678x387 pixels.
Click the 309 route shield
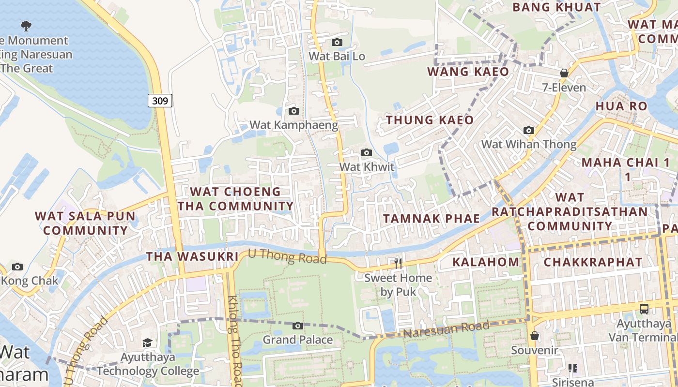point(160,101)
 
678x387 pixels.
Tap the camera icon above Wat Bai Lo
point(337,43)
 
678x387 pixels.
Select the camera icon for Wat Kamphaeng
point(293,111)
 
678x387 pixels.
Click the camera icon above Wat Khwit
point(367,153)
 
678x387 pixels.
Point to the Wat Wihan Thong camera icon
point(529,130)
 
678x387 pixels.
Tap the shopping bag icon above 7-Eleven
point(564,73)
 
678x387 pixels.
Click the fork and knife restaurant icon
point(398,263)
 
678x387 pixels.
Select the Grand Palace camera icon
point(298,326)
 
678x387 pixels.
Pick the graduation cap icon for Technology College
point(147,343)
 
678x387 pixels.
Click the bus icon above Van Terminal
point(644,309)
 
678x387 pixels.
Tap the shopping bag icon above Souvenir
point(535,335)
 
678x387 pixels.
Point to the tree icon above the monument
point(26,26)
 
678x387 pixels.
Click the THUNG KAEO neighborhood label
point(430,120)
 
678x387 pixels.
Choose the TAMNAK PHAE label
point(431,218)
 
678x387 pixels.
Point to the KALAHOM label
point(486,262)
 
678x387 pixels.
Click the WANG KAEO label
point(468,72)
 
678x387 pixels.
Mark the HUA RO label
point(621,106)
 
